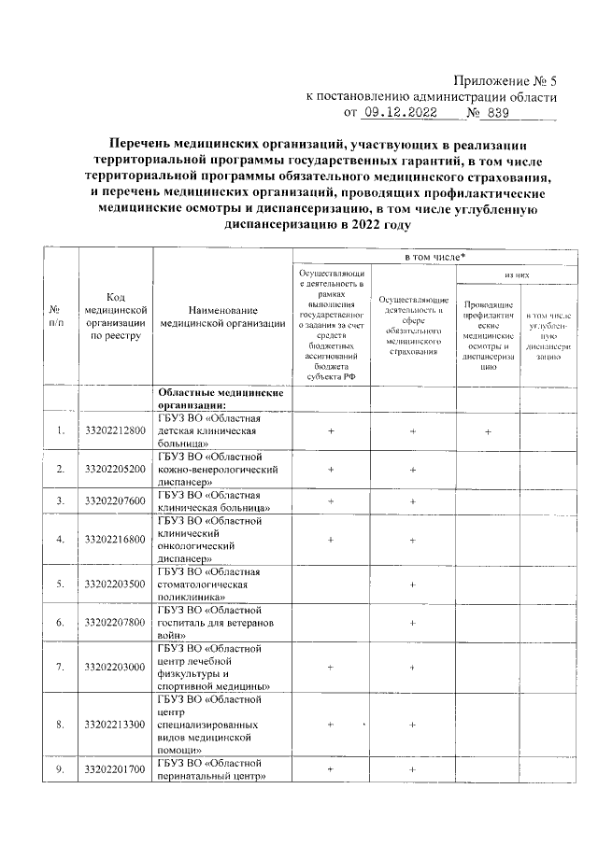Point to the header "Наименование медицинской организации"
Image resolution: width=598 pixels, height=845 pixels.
(x=222, y=317)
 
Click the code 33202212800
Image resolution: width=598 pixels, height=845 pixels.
(x=115, y=430)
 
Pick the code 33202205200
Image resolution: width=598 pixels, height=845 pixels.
(x=115, y=468)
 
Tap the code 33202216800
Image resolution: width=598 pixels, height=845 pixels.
(x=115, y=539)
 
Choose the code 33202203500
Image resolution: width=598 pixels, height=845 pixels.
(x=115, y=584)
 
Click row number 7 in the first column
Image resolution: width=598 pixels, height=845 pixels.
(x=60, y=667)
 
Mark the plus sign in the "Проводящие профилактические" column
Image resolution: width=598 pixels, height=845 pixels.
(x=488, y=431)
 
